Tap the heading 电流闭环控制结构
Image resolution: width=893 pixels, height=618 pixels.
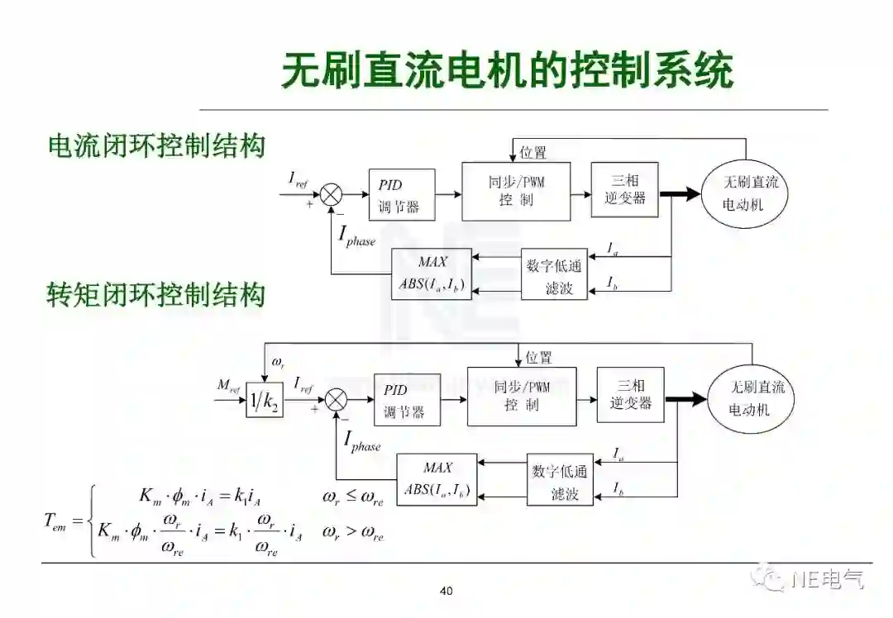(x=157, y=145)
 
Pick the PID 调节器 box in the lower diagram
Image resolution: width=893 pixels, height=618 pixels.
(x=407, y=401)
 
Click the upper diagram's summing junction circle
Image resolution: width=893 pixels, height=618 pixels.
(x=332, y=195)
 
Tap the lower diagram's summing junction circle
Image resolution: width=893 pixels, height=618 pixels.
(x=336, y=400)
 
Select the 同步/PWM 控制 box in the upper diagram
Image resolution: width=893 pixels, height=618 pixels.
(x=516, y=191)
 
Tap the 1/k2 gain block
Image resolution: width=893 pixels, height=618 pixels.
(x=265, y=402)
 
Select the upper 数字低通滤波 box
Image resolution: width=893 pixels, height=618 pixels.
(x=553, y=276)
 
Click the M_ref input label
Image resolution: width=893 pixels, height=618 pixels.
(x=229, y=385)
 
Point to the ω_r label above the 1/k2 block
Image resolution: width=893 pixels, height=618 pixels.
(x=279, y=364)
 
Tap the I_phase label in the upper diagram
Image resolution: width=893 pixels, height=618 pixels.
(x=356, y=236)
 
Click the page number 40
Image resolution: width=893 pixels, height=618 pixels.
(x=446, y=591)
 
